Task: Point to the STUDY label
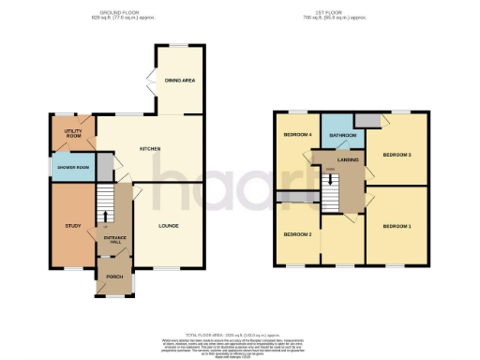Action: [72, 225]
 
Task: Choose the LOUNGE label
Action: [168, 226]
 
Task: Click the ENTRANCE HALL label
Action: [113, 238]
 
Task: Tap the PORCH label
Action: [113, 277]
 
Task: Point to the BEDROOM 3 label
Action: [397, 154]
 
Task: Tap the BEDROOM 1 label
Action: [397, 226]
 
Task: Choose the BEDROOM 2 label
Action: [297, 232]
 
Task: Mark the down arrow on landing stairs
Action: [329, 178]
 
